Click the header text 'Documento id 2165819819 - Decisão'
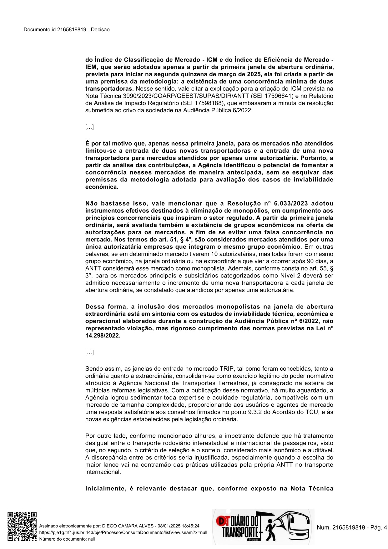coord(67,30)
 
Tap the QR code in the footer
coord(22,527)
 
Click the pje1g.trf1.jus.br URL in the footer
coord(123,532)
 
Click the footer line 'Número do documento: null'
coord(67,539)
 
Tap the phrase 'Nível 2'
coord(290,276)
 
